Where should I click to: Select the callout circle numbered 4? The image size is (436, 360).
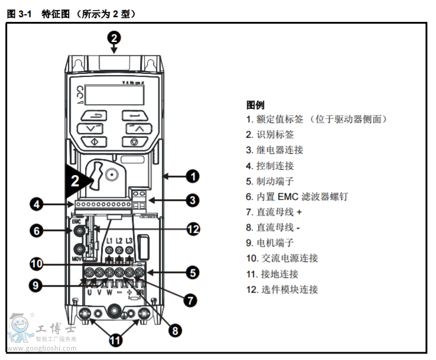pos(37,205)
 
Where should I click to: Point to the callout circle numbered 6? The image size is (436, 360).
pos(37,231)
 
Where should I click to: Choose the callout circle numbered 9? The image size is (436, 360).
pos(37,285)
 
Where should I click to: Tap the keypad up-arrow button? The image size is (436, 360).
pos(135,128)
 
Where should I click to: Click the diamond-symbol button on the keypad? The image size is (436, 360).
pos(92,142)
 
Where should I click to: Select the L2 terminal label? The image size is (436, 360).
pos(119,241)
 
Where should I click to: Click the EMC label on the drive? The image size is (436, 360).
pos(76,221)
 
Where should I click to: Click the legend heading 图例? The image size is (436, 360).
pos(255,105)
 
